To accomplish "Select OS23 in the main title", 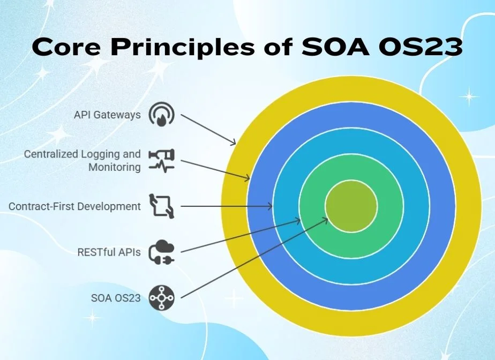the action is click(x=421, y=47).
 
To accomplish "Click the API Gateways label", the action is click(x=107, y=115).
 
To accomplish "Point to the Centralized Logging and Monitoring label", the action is click(x=82, y=160).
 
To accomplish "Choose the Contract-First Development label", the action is click(x=74, y=206).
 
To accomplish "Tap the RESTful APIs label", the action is click(x=109, y=252).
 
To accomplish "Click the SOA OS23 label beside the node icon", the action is click(x=116, y=298).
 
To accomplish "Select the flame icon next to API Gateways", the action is click(x=161, y=114).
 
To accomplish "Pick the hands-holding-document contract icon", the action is click(x=161, y=206).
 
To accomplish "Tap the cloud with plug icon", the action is click(x=161, y=252).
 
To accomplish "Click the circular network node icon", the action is click(x=161, y=298).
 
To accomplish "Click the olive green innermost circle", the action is click(x=351, y=206).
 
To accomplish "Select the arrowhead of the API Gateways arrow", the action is click(x=233, y=142).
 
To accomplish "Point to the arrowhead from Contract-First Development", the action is click(x=270, y=206).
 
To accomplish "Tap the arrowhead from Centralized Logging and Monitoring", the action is click(x=247, y=178).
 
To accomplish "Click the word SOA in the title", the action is click(x=335, y=47).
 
